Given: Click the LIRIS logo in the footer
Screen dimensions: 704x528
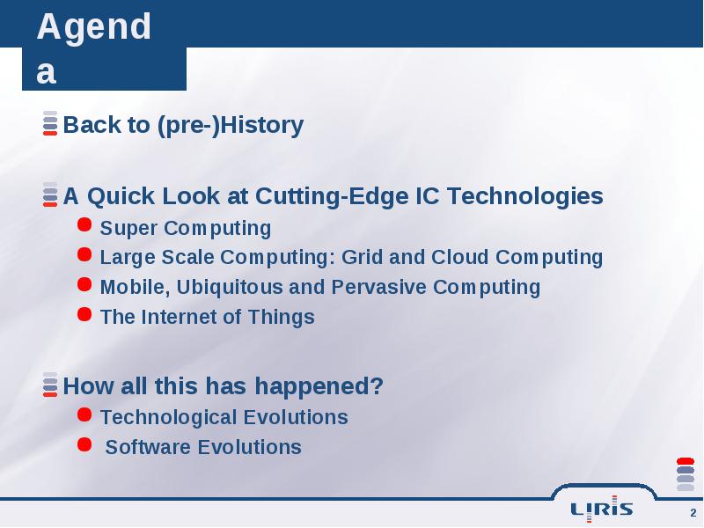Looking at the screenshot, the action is click(601, 509).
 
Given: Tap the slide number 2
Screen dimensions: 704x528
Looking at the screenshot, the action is click(693, 513).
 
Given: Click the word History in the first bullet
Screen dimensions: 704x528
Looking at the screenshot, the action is click(261, 125).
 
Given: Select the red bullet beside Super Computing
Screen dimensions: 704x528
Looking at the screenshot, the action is click(84, 224).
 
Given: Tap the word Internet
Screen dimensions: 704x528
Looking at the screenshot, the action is click(179, 317).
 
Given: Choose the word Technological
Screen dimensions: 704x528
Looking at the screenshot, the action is click(168, 417).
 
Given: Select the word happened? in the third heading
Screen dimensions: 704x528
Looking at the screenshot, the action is click(319, 386).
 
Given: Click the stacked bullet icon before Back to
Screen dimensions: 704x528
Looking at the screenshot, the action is click(50, 123).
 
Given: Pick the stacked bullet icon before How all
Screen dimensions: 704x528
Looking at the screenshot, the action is click(50, 385).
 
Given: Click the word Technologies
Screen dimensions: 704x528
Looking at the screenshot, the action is click(524, 196).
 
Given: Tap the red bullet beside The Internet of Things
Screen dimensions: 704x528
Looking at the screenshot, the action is click(84, 314).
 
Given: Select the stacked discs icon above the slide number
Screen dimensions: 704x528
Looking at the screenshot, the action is click(686, 474).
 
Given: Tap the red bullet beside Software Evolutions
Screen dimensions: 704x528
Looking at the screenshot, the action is click(84, 444).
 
